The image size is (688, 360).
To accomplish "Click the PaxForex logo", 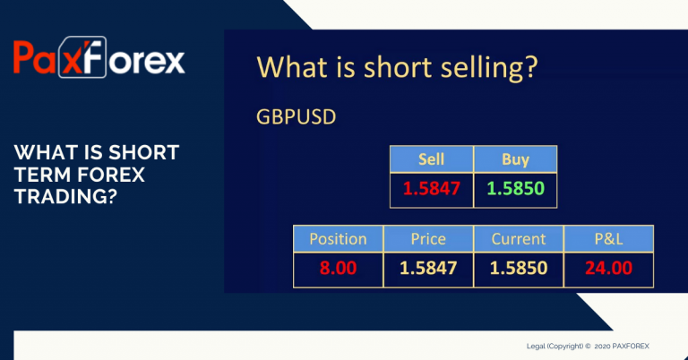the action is (99, 57).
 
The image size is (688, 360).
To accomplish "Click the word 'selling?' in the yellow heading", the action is (489, 68).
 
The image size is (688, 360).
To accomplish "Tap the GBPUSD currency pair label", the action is (297, 117).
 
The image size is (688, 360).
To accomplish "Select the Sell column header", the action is (431, 159).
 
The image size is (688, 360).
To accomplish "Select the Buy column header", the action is (516, 160).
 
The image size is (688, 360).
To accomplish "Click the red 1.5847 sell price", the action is (431, 189).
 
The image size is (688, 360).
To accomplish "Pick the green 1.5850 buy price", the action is (516, 189).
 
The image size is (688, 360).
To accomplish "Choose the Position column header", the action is (338, 239).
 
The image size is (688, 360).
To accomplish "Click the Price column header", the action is (428, 239).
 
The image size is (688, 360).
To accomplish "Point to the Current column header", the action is (519, 239).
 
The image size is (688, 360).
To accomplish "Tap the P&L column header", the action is (608, 239).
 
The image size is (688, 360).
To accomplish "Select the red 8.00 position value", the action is (338, 268).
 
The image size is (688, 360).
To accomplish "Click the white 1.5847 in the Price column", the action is (428, 268).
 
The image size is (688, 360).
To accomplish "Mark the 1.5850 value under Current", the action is (519, 268).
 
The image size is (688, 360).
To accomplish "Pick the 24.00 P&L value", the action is (608, 268).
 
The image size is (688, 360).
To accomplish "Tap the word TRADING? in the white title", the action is (65, 196).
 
